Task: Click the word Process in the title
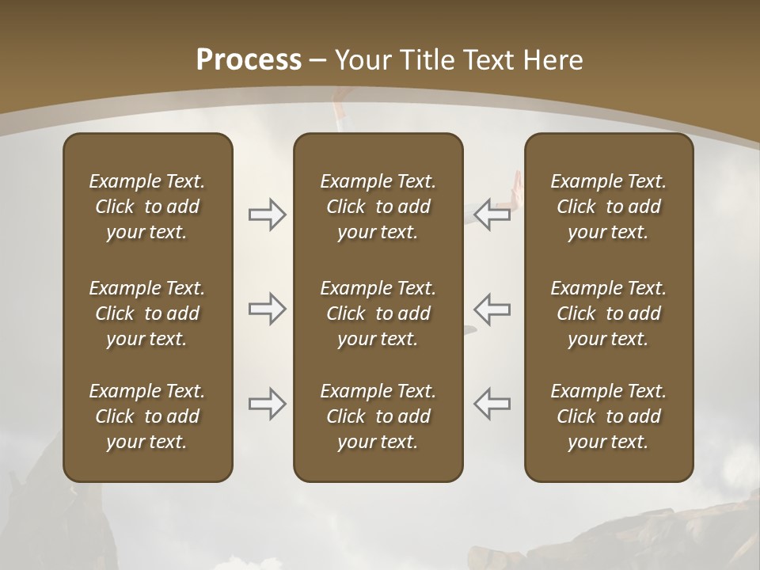[x=249, y=59]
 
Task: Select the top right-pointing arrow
[x=267, y=215]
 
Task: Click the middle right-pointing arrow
[x=267, y=309]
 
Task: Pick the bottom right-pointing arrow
[x=267, y=404]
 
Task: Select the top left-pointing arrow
[x=492, y=215]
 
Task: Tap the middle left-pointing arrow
[x=492, y=309]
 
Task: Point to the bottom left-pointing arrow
[x=492, y=404]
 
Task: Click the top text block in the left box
[x=147, y=207]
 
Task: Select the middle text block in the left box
[x=147, y=313]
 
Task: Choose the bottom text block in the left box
[x=147, y=416]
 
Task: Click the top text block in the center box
[x=378, y=207]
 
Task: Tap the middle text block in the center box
[x=378, y=313]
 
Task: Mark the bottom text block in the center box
[x=378, y=416]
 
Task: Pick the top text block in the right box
[x=608, y=207]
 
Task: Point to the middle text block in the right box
[x=608, y=313]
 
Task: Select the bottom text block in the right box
[x=608, y=416]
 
